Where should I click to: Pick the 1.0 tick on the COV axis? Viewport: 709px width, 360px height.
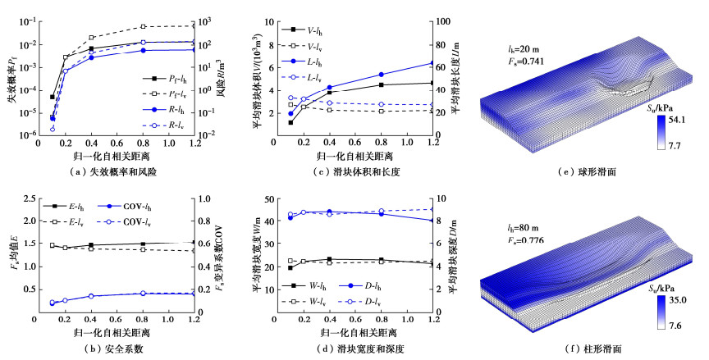click(x=206, y=199)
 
